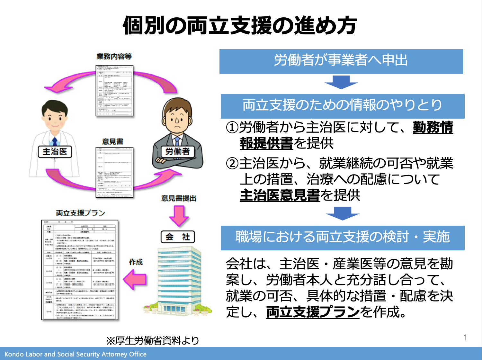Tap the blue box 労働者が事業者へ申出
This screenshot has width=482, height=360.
[x=341, y=61]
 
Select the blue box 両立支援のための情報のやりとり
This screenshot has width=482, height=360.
[x=342, y=106]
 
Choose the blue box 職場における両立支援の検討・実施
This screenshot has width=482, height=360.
[x=342, y=238]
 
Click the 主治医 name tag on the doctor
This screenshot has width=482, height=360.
[x=55, y=152]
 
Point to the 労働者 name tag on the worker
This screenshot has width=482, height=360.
[x=178, y=151]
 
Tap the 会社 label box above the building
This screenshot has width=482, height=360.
[x=178, y=237]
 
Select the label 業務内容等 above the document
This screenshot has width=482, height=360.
[x=114, y=57]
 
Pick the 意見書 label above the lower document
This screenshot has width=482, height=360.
[x=112, y=141]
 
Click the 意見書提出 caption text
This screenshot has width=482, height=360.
[x=179, y=198]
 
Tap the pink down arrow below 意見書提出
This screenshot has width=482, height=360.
[x=179, y=216]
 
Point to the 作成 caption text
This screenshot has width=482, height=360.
[x=136, y=262]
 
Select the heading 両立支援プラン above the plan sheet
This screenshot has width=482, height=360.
[x=80, y=213]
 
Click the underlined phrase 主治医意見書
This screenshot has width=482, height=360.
[x=280, y=195]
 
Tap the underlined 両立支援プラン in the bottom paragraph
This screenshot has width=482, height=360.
[x=313, y=312]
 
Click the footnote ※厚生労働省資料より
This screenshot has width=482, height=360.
[x=153, y=340]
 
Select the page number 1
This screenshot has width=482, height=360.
[x=465, y=337]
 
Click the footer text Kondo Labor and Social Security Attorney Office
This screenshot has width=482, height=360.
[x=76, y=354]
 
